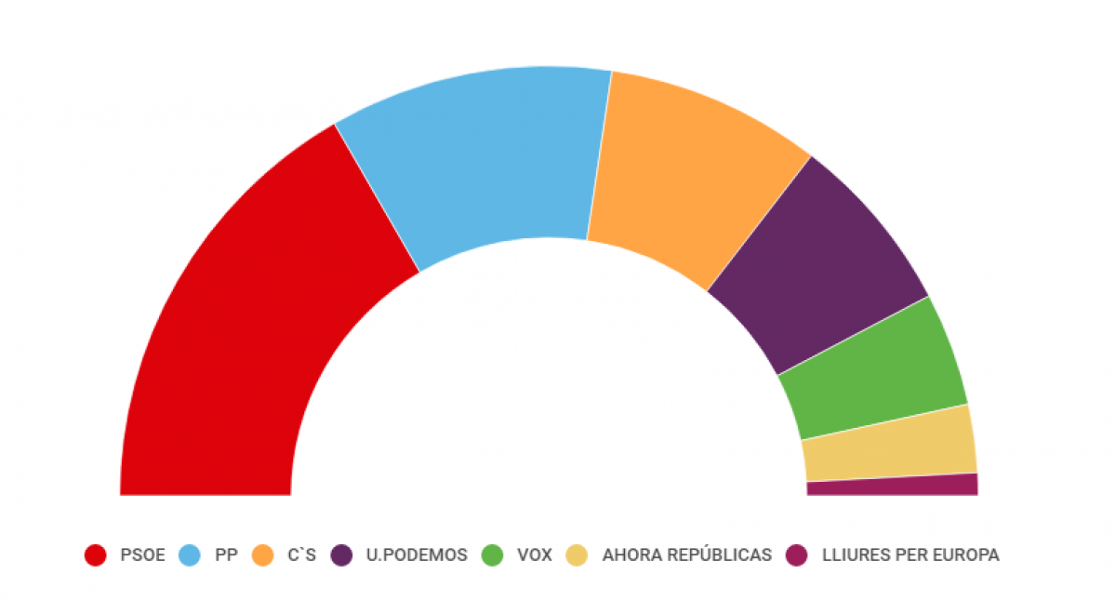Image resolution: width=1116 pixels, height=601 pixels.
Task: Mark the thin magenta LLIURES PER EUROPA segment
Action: coord(893,485)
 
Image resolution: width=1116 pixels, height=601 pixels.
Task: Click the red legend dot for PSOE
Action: coord(95,555)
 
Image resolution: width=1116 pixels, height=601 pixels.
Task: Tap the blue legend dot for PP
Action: coord(189,555)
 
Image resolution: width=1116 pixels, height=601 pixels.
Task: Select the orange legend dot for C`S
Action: coord(262,555)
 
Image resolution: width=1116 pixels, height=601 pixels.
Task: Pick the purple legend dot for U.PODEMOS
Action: coord(342,555)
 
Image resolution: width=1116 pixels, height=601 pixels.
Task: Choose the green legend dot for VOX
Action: coord(492,555)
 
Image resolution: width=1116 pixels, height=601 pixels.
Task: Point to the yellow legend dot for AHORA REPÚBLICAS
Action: coord(578,555)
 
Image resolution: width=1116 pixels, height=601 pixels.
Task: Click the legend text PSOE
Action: coord(142,555)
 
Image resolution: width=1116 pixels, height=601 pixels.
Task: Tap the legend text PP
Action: coord(226,555)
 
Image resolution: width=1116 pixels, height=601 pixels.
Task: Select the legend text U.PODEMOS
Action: coord(417,555)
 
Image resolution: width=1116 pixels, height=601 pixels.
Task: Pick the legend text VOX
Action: coord(535,555)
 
